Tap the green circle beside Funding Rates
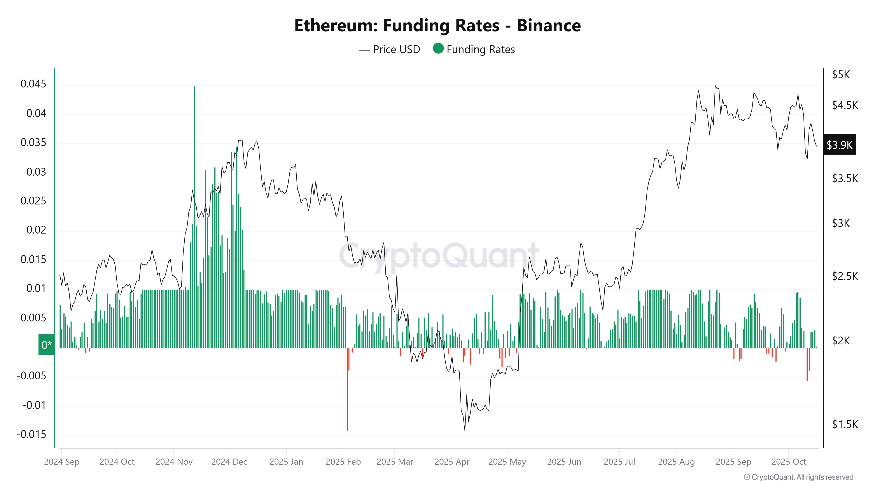438,49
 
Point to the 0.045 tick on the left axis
33,84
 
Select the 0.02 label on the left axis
36,230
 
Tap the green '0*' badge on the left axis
47,345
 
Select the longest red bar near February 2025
347,391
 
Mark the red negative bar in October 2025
807,365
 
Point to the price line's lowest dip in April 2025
465,430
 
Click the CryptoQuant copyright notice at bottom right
798,477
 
